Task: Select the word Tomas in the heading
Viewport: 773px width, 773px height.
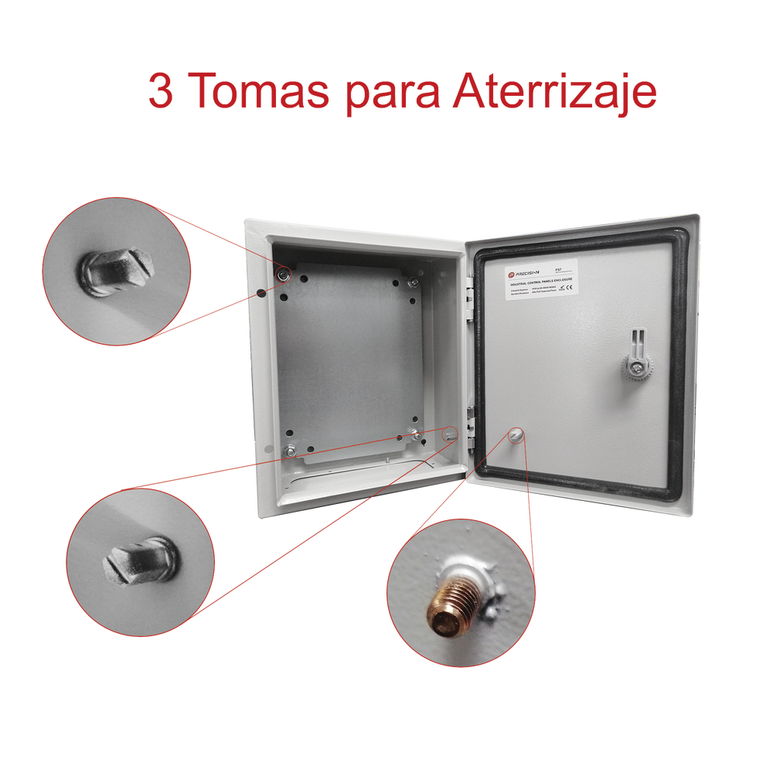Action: tap(259, 93)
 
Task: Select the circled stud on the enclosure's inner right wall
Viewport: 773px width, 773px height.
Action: tap(450, 435)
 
